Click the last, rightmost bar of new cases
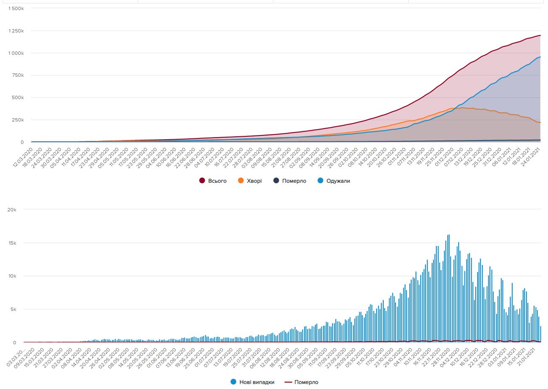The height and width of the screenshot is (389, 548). coord(540,334)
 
